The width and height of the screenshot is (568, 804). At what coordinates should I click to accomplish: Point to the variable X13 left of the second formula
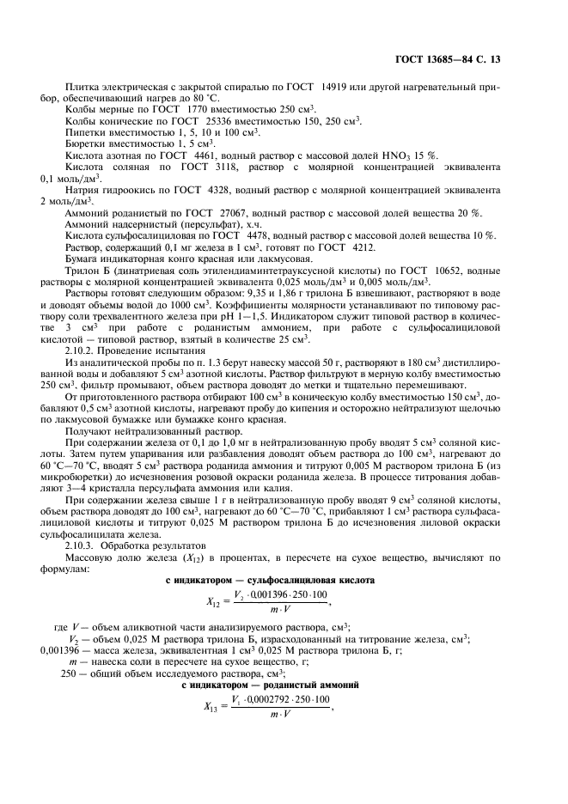214,707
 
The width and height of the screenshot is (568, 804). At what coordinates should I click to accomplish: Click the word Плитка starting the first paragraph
82,86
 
